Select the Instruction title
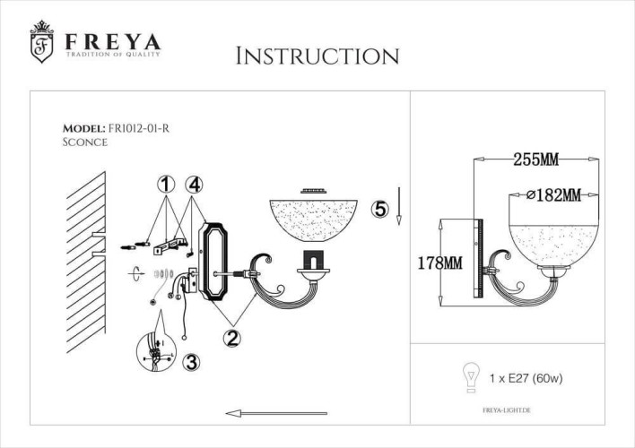[317, 56]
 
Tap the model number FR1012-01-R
[138, 128]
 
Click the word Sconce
[85, 142]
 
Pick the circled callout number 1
[164, 185]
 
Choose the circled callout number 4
[194, 185]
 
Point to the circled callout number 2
[231, 337]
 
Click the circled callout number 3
[190, 362]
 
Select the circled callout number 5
[380, 209]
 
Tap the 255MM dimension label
[535, 160]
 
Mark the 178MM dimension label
[439, 263]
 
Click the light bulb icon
[467, 377]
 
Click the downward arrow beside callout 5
[399, 208]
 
